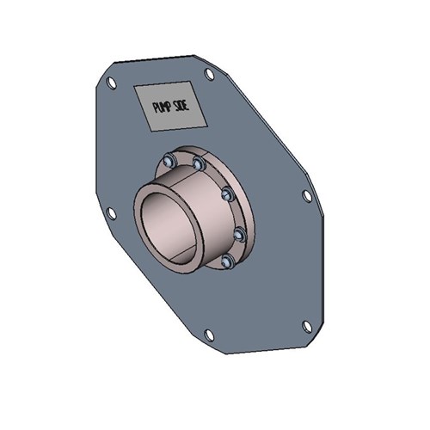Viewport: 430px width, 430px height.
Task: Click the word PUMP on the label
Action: click(162, 106)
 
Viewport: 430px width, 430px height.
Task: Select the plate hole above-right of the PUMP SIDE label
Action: click(209, 75)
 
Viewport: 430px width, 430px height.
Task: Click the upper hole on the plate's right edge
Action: click(307, 196)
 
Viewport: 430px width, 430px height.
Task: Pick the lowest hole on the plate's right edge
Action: click(307, 325)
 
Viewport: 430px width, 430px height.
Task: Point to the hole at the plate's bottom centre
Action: click(208, 335)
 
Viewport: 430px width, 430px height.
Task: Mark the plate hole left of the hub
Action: click(110, 213)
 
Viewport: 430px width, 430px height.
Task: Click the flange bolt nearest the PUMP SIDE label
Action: click(169, 161)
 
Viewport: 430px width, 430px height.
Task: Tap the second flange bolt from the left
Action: click(199, 163)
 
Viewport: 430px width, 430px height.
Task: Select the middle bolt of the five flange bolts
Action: click(226, 194)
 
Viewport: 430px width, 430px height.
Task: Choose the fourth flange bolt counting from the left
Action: click(239, 233)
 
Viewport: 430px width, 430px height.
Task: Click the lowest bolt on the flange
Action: click(227, 261)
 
